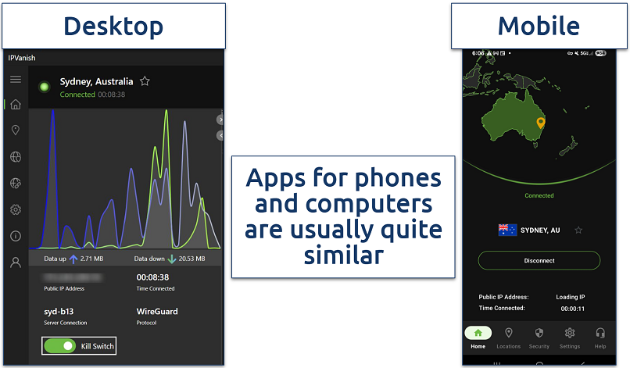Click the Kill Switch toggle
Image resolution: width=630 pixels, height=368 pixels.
click(x=60, y=345)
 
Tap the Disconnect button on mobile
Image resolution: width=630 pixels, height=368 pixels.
click(x=539, y=261)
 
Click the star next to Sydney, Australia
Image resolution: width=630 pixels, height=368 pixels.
click(x=145, y=81)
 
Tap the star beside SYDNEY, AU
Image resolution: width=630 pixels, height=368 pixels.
click(x=578, y=230)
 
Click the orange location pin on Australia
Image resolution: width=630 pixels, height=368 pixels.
click(x=539, y=123)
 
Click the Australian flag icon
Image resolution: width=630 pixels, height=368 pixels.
click(x=507, y=230)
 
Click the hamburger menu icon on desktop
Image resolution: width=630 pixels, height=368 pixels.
click(x=15, y=79)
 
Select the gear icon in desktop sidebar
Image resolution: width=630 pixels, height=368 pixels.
click(x=15, y=209)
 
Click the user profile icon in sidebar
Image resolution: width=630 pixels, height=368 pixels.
click(x=15, y=263)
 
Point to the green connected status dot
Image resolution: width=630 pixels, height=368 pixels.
click(x=45, y=86)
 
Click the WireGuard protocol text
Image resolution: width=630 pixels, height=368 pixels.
click(x=157, y=311)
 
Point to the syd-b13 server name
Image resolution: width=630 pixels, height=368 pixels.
click(x=59, y=311)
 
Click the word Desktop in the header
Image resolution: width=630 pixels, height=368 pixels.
click(x=113, y=26)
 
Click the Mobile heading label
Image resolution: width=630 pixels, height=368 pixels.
click(x=539, y=26)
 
